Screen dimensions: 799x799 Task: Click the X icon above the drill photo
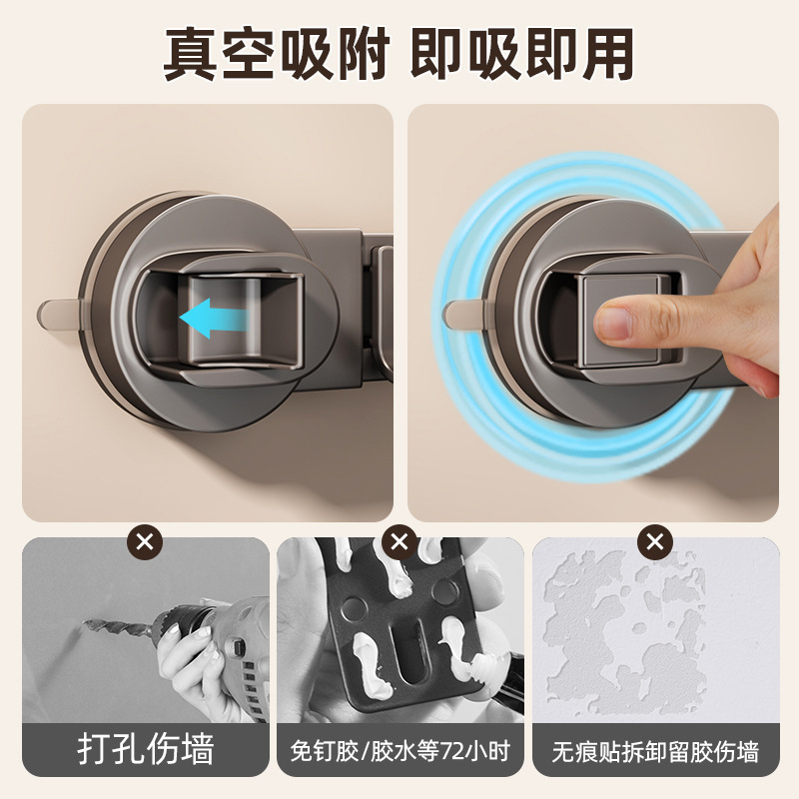(x=145, y=543)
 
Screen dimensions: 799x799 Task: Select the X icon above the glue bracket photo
(x=399, y=543)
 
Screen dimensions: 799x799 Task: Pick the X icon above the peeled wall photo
(x=654, y=543)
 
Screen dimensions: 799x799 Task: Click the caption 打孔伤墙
(x=145, y=750)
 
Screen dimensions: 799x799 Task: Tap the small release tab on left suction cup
(x=60, y=314)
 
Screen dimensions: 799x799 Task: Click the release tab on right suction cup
(x=462, y=314)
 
